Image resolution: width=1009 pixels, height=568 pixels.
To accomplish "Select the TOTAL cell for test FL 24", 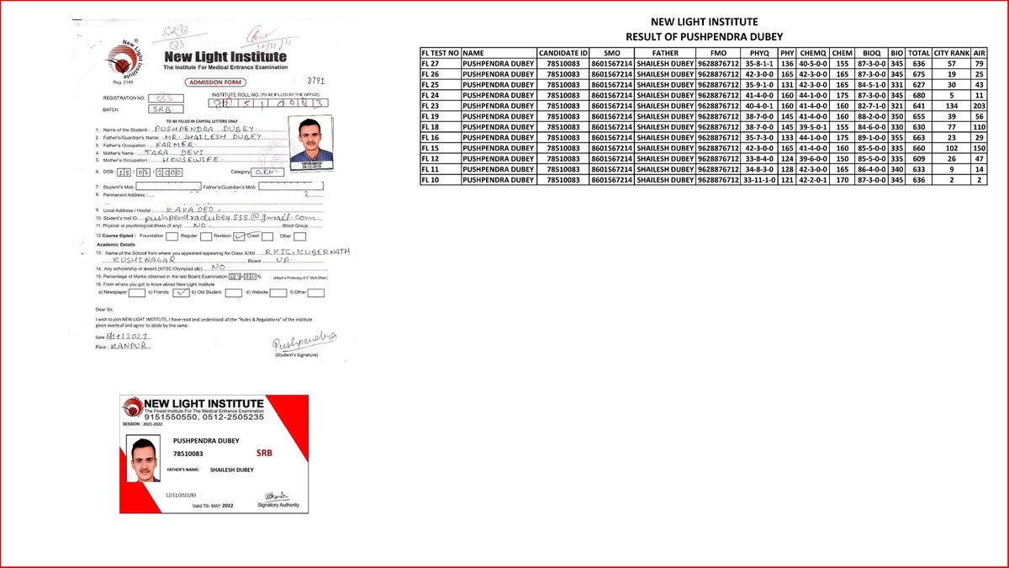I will click(918, 95).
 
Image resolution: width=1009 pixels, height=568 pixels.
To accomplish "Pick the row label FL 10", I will click(440, 180).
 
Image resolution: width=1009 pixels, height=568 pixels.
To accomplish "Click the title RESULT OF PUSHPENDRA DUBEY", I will click(705, 37).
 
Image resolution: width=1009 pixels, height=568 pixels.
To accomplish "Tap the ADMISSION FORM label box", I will click(215, 82).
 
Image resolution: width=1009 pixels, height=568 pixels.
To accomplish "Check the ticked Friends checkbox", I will click(182, 293).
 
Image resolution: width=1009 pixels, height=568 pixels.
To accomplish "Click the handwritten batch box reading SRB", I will click(163, 109).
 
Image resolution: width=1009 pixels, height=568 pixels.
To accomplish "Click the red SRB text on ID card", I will click(264, 453).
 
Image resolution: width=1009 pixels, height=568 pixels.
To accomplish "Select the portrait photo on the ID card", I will click(142, 463).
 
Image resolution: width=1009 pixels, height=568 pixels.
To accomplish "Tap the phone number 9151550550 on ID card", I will click(175, 417).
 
